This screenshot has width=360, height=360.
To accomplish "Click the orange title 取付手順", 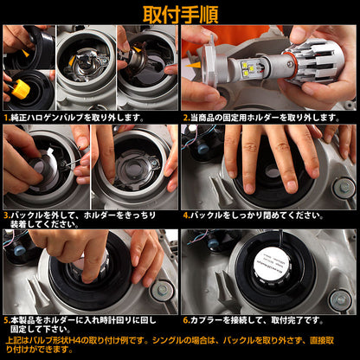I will coord(180,14).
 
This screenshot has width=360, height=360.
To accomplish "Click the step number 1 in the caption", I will coord(7,117).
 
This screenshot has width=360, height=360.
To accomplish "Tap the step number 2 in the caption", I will coord(186,117).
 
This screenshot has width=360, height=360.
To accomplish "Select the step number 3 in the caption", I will coord(7,211).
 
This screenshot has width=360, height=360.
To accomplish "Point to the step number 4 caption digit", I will coord(186,211).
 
